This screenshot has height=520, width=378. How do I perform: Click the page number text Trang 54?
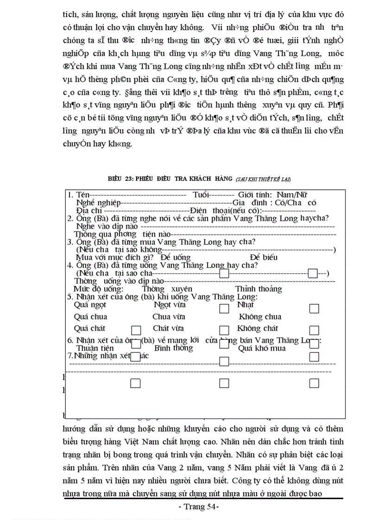(198, 507)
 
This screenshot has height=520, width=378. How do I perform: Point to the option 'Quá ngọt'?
(90, 305)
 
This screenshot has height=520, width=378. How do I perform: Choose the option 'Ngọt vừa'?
(170, 305)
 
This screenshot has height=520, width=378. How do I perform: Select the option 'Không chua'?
(260, 317)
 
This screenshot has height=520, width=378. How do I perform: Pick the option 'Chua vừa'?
(169, 317)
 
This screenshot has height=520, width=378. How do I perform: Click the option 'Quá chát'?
(90, 328)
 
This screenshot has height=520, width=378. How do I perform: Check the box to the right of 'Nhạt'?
(314, 308)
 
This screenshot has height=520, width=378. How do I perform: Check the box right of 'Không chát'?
(314, 330)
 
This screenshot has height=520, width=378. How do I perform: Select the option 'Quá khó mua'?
(262, 348)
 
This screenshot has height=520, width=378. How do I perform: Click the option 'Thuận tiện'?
(95, 348)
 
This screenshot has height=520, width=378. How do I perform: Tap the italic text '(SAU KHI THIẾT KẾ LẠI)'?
(263, 179)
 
